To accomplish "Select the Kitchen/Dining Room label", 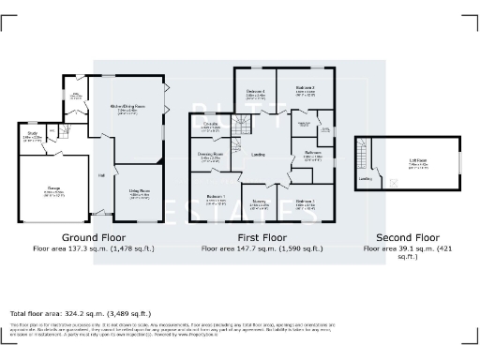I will click(x=128, y=106).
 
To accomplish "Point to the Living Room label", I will click(x=141, y=193).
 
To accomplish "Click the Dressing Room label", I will click(x=210, y=155).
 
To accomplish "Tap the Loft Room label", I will click(x=419, y=160).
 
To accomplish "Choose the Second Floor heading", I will click(x=407, y=237).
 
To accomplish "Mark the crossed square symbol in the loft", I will click(x=392, y=183).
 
